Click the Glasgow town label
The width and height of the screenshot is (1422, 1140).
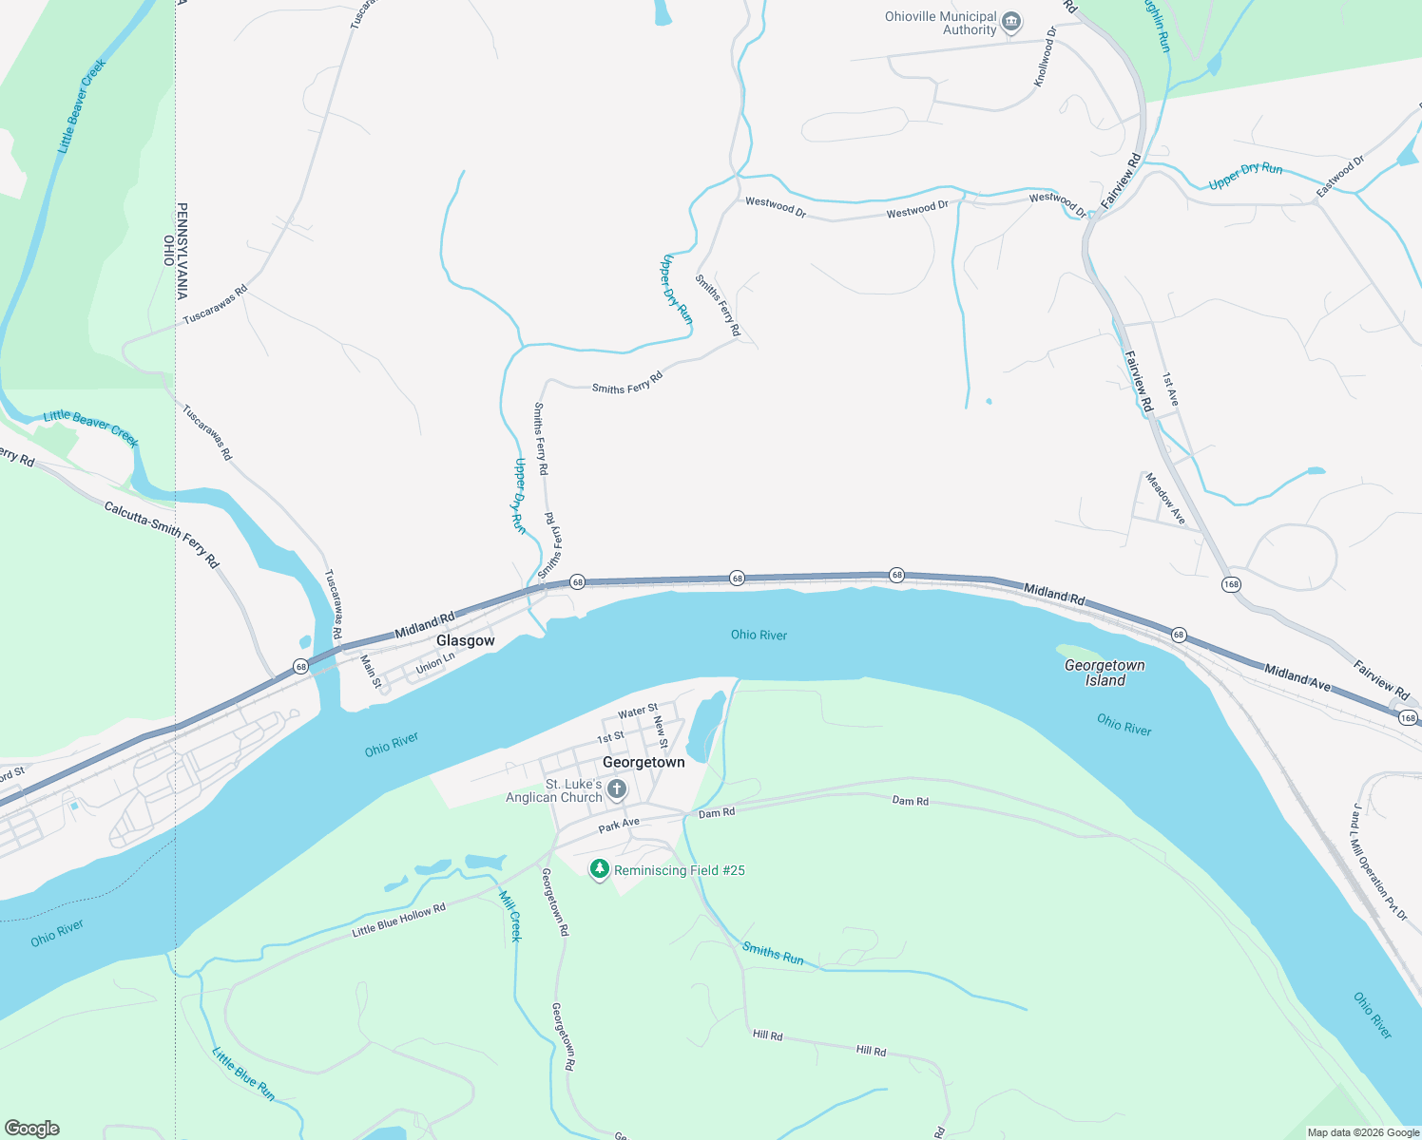(x=465, y=641)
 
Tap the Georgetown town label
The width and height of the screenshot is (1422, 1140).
(x=644, y=762)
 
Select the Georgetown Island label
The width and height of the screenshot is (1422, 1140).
(x=1105, y=673)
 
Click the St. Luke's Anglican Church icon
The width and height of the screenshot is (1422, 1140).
(x=616, y=788)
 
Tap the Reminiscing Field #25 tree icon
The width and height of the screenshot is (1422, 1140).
(x=599, y=869)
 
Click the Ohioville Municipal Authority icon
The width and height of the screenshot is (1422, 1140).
(x=1011, y=21)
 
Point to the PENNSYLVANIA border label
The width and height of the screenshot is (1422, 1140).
(x=182, y=251)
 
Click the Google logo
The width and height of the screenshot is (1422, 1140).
(x=31, y=1128)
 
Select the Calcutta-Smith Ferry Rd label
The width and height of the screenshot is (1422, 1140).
(x=162, y=535)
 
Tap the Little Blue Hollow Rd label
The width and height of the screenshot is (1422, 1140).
(x=398, y=921)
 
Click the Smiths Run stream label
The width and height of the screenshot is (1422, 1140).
(x=773, y=953)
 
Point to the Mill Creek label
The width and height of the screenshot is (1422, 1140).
(x=510, y=915)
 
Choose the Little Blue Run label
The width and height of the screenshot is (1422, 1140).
(x=243, y=1074)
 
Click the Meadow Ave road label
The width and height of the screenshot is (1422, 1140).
(x=1165, y=499)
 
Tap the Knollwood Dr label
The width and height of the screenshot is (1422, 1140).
(x=1046, y=57)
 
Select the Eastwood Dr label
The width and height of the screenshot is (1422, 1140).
(x=1339, y=177)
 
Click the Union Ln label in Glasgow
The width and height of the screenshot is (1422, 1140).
(x=435, y=663)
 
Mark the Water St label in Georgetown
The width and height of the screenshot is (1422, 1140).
(x=638, y=711)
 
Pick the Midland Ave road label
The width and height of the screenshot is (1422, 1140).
(x=1297, y=677)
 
